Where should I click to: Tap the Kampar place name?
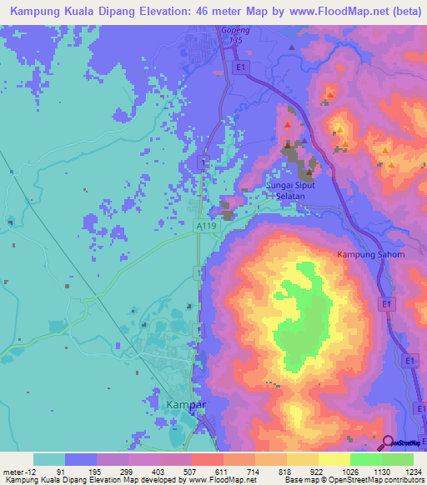point(187,404)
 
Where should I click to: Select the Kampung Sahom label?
point(370,254)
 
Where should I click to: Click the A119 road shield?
point(206,225)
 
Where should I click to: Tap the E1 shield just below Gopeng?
point(240,66)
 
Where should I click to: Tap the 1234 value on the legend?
point(404,471)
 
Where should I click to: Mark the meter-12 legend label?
point(16,471)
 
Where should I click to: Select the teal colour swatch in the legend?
point(49,459)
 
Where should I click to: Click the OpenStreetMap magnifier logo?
point(388,442)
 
